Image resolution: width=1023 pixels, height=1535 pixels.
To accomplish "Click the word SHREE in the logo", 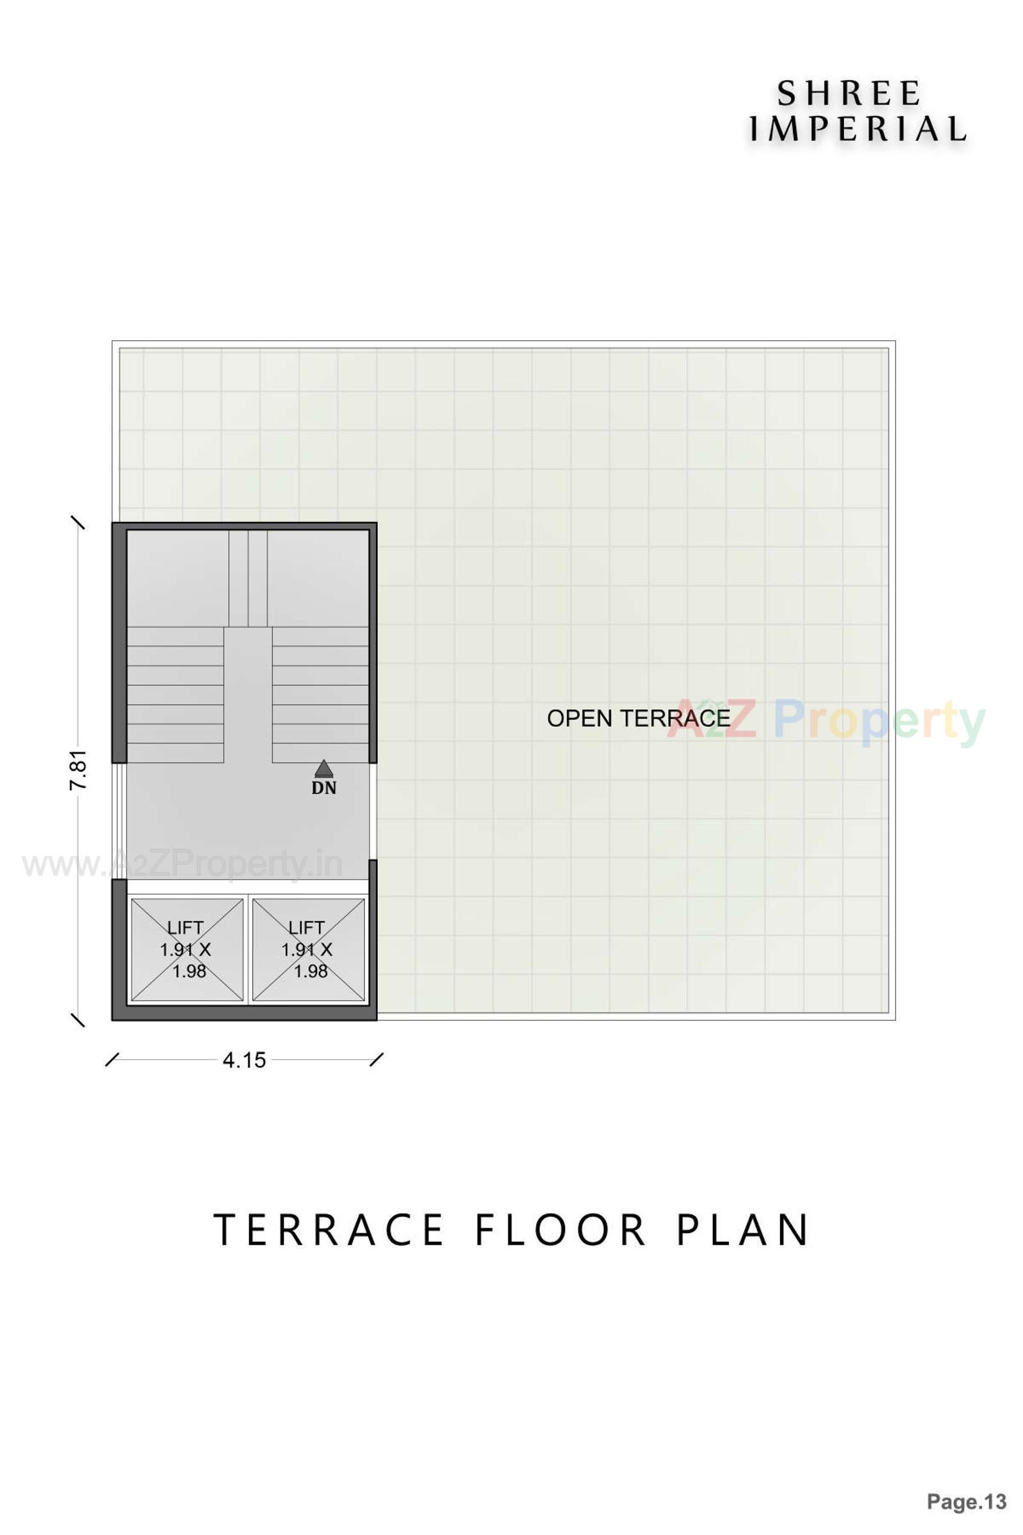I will click(x=848, y=94).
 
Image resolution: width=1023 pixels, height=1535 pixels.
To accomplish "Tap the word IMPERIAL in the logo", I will click(x=856, y=129).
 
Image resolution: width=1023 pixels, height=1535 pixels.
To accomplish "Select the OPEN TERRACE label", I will click(x=638, y=718).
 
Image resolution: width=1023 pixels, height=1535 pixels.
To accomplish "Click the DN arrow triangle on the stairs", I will click(x=324, y=767).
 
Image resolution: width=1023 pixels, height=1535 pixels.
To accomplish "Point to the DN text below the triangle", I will click(x=324, y=789).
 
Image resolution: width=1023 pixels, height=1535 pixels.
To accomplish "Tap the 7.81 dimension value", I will click(x=78, y=770).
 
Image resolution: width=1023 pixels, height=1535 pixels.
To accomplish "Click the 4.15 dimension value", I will click(x=244, y=1060).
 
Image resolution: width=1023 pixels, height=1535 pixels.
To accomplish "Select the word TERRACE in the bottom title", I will click(x=329, y=1230).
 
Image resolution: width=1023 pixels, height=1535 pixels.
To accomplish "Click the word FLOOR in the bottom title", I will click(x=560, y=1230).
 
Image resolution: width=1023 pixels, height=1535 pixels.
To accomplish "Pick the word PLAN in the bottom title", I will click(x=743, y=1230).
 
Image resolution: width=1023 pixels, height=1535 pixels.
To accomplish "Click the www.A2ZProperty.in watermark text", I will click(x=183, y=865).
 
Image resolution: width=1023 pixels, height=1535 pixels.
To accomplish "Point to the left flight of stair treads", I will click(x=175, y=695).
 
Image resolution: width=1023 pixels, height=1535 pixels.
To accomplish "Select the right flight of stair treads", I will click(x=320, y=695).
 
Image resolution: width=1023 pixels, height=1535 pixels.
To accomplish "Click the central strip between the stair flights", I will click(x=248, y=695).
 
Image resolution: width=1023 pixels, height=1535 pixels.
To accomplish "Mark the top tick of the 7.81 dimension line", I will click(x=78, y=523).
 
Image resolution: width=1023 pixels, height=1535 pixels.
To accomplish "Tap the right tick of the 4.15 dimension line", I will click(x=377, y=1059).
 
